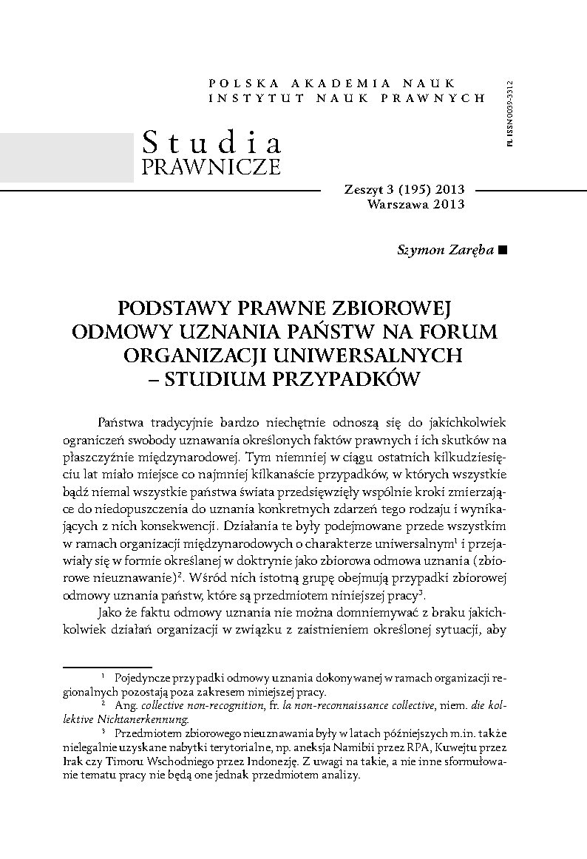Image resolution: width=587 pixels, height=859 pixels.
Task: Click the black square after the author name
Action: (x=503, y=251)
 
